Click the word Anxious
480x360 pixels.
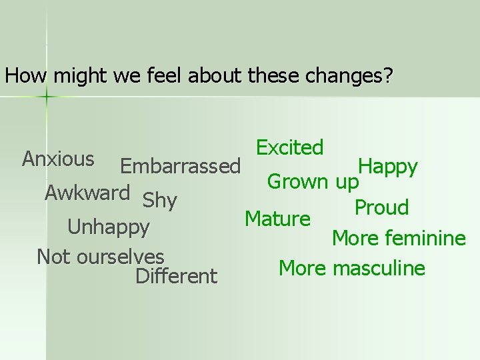58,159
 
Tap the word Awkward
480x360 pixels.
87,193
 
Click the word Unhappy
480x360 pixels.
109,228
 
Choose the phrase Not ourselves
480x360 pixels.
101,256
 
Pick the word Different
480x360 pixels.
176,276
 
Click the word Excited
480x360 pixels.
290,147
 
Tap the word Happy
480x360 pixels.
388,167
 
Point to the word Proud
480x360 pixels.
381,208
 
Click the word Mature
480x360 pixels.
277,219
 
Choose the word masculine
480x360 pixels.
379,269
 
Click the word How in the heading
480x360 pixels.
26,76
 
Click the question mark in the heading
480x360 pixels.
388,76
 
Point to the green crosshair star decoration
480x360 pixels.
47,97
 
